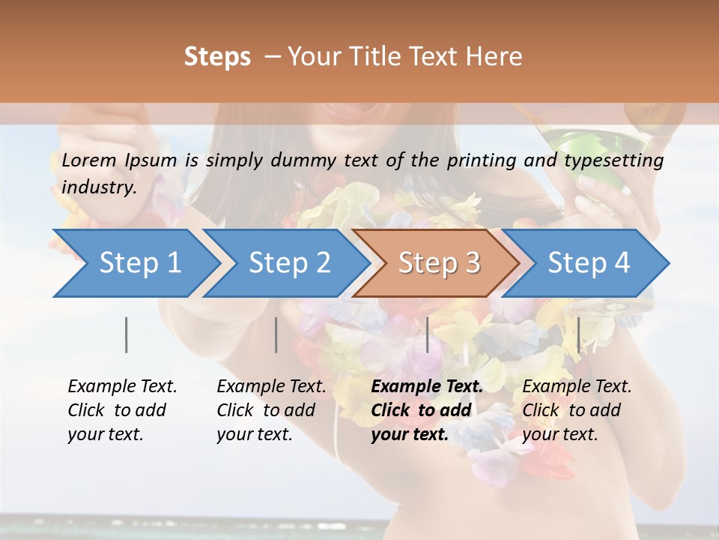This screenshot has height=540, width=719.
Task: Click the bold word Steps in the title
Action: tap(217, 56)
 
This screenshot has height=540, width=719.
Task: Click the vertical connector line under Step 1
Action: tap(127, 334)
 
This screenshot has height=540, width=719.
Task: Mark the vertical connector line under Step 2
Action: tap(276, 334)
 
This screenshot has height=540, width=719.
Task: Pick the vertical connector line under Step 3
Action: tap(428, 334)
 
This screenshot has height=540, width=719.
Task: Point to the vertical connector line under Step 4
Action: tap(578, 334)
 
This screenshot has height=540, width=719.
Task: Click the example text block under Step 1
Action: tap(122, 410)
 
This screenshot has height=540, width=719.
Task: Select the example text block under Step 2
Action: tap(271, 410)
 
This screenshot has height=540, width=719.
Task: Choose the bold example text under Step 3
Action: tap(427, 410)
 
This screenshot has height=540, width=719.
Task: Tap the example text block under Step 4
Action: tap(577, 410)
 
